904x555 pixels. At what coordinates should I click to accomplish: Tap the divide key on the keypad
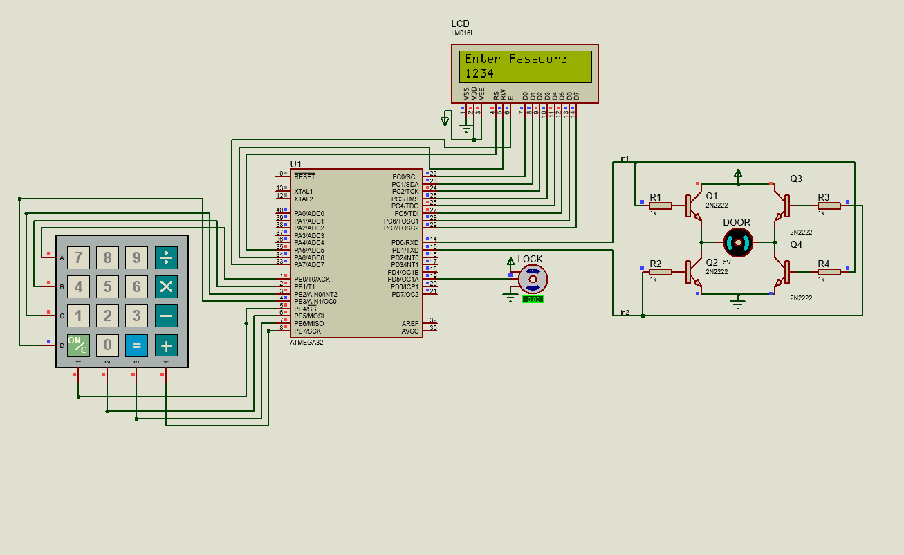(x=166, y=257)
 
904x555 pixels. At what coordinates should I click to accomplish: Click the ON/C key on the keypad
(x=78, y=345)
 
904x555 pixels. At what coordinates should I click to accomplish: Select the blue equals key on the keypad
(x=136, y=345)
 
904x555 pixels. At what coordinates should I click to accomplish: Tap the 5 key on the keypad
(x=107, y=286)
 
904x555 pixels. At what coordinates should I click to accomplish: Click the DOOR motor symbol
(x=737, y=242)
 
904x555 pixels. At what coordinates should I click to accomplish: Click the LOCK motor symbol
(x=533, y=279)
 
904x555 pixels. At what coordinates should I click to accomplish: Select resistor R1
(x=660, y=205)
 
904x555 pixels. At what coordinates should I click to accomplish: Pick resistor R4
(x=829, y=272)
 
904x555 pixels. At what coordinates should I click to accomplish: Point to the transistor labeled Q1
(x=692, y=206)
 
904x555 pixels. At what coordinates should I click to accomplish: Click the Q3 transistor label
(x=796, y=179)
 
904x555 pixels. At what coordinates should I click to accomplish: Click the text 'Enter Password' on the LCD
(x=516, y=59)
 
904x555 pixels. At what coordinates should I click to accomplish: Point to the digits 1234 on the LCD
(x=479, y=73)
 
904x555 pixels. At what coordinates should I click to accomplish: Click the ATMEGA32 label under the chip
(x=306, y=343)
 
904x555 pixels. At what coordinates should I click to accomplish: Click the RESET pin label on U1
(x=304, y=177)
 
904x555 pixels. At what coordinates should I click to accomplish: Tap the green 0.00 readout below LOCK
(x=533, y=300)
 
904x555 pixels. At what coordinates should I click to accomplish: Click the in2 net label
(x=625, y=313)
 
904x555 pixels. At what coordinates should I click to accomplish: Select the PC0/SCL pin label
(x=405, y=177)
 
